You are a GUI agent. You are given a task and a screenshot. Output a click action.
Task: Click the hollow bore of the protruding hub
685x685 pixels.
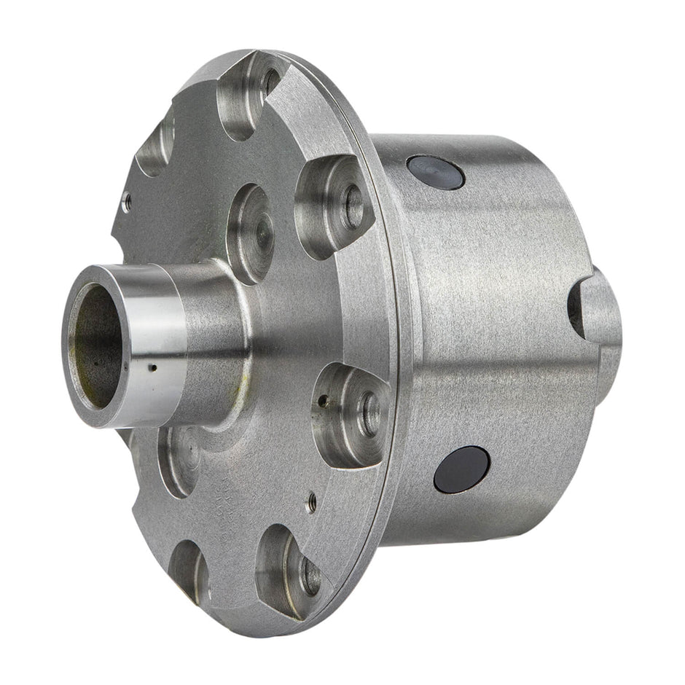(x=95, y=346)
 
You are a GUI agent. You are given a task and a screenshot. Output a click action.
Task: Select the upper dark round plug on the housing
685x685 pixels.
(x=435, y=172)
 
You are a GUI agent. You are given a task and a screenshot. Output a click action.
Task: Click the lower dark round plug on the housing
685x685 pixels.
(x=461, y=470)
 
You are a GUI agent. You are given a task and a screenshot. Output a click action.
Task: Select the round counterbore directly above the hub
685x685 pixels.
(x=250, y=232)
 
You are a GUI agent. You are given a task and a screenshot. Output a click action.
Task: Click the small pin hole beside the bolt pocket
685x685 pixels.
(x=321, y=399)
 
